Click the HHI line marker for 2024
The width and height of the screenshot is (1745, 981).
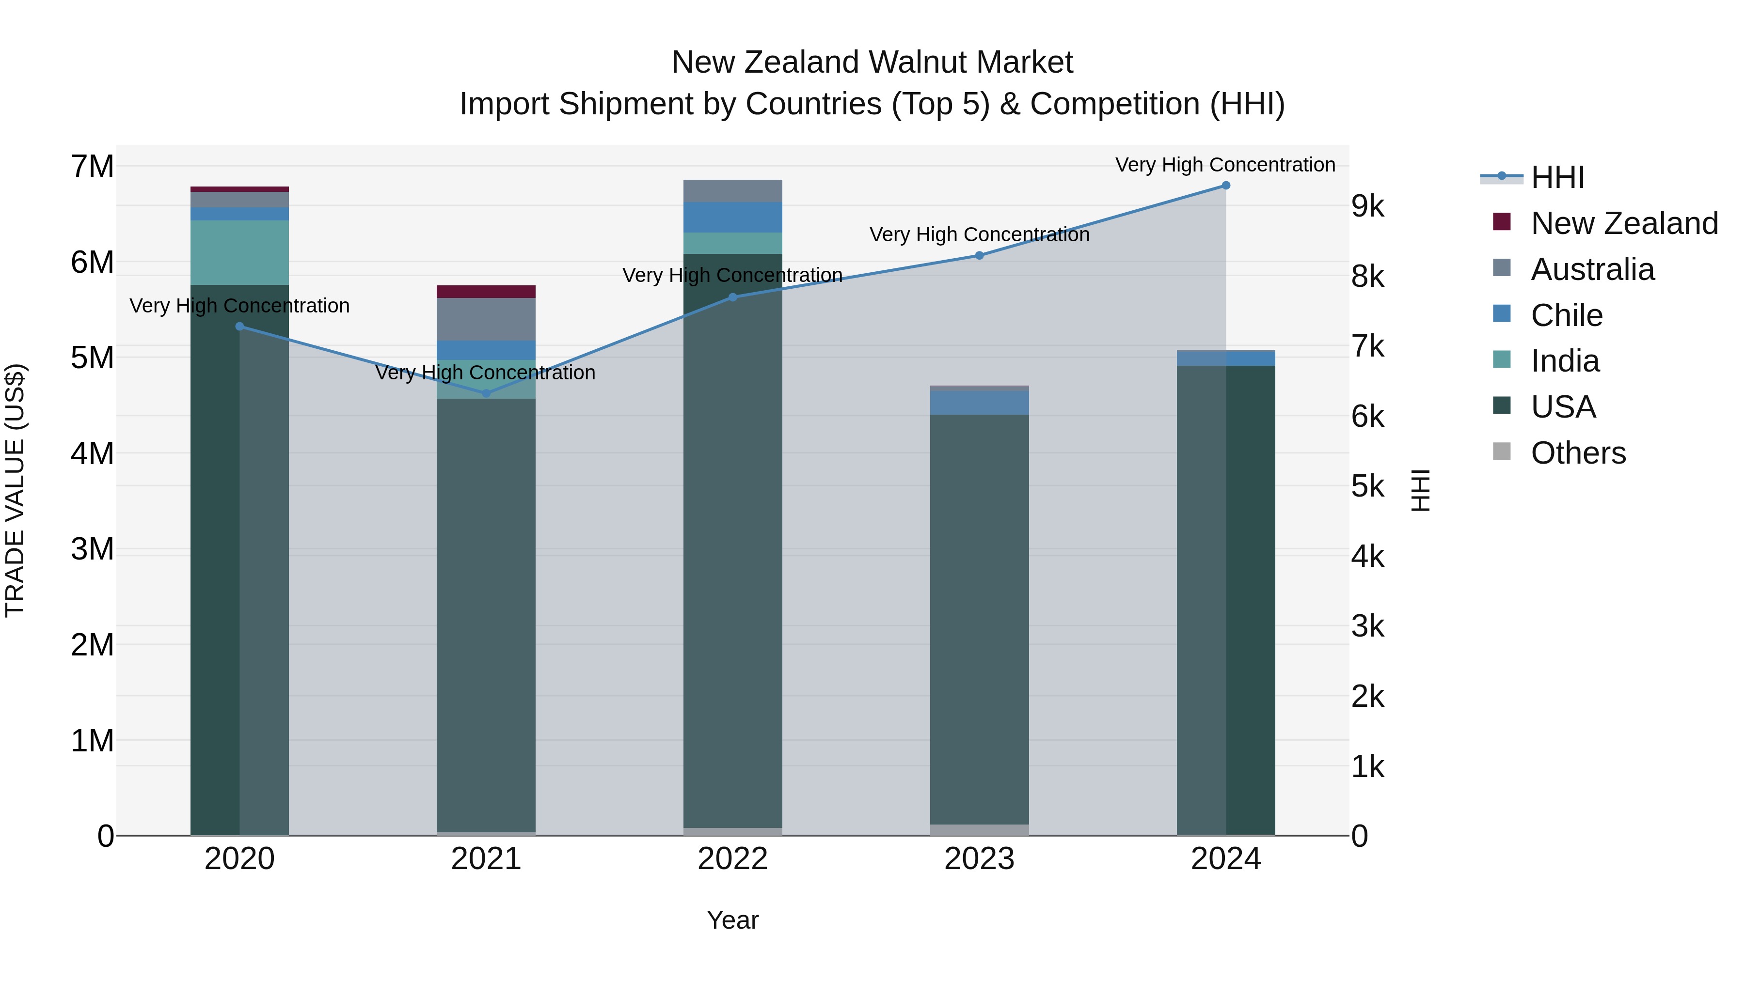click(x=1225, y=186)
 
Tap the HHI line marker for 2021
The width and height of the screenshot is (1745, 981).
click(x=486, y=393)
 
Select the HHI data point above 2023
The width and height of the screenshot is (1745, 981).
click(x=979, y=255)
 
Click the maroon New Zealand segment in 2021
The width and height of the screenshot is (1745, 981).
click(x=486, y=292)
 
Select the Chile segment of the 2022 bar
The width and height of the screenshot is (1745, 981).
click(x=732, y=218)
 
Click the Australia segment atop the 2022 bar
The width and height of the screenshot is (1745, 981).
click(x=732, y=191)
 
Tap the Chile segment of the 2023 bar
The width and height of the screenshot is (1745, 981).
click(x=979, y=402)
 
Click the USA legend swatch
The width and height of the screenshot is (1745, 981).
click(x=1502, y=406)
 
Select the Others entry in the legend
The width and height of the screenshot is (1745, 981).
click(x=1578, y=452)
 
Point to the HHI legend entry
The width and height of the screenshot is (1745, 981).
click(x=1556, y=177)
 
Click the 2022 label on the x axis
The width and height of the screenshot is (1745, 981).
click(x=732, y=859)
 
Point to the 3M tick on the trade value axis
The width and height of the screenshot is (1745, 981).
click(x=92, y=549)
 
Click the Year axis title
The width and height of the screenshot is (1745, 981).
click(x=732, y=920)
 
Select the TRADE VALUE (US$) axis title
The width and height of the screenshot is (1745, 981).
click(x=15, y=490)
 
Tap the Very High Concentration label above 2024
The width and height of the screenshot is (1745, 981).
click(x=1225, y=165)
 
